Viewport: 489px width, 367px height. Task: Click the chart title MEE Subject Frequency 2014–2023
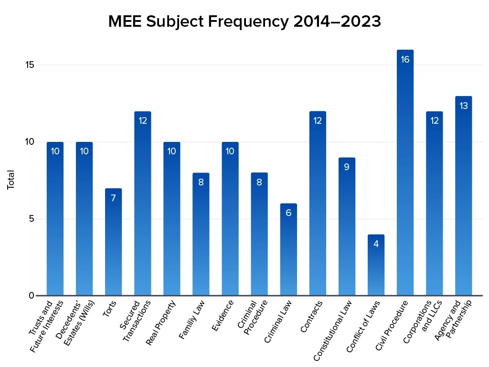[244, 22]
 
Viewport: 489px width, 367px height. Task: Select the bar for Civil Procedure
[405, 182]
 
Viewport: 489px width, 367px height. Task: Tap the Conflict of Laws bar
[376, 268]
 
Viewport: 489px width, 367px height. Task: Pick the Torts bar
[113, 244]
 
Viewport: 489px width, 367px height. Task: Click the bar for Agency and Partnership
[463, 201]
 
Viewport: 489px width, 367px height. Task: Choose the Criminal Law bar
[288, 253]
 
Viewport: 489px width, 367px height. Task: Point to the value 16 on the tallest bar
[405, 60]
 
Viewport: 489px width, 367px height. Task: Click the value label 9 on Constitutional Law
[347, 167]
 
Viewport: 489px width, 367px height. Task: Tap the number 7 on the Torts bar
[113, 198]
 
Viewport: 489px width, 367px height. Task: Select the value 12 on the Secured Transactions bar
[142, 121]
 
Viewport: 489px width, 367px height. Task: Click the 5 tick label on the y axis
[32, 219]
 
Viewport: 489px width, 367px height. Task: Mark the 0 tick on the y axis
[32, 295]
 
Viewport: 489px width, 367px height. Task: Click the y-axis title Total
[11, 180]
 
